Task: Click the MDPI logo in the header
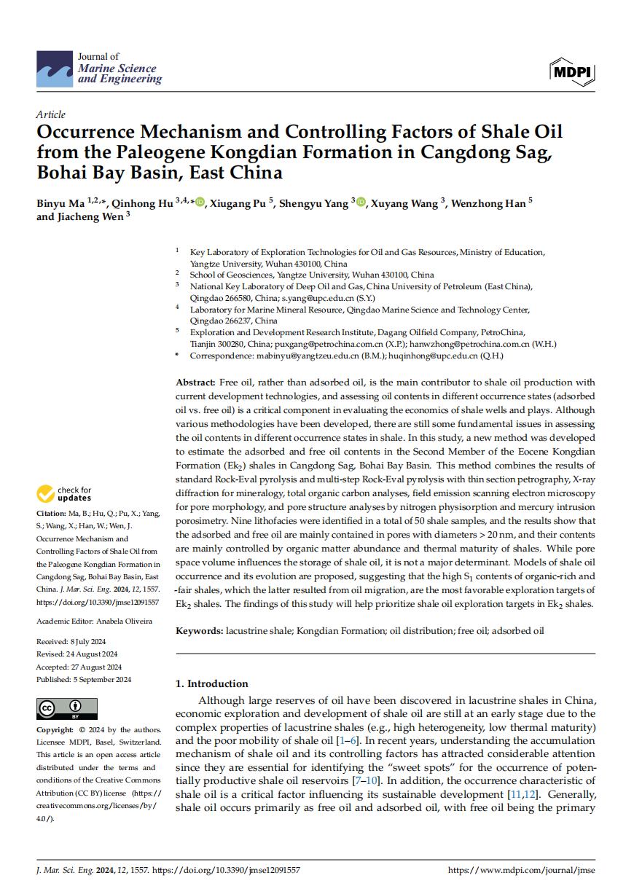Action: tap(574, 71)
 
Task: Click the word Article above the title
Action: tap(50, 114)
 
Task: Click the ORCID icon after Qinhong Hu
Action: tap(200, 203)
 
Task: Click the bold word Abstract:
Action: tap(195, 382)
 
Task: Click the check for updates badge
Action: tap(66, 494)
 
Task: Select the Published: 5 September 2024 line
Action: tap(84, 680)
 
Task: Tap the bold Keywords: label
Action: tap(199, 630)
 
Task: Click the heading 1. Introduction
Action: tap(212, 683)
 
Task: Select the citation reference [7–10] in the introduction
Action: tap(376, 780)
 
